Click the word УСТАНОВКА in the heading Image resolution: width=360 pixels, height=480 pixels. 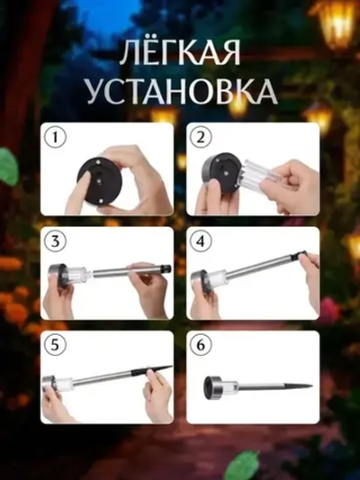pos(180,91)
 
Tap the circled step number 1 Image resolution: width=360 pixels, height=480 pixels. pos(56,138)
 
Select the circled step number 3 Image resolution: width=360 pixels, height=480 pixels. pos(56,241)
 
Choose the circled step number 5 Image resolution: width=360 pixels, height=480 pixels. pos(56,346)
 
